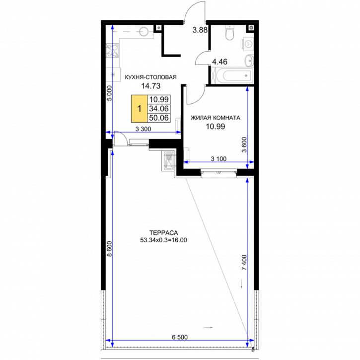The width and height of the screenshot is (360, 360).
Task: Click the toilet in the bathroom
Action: tap(230, 32)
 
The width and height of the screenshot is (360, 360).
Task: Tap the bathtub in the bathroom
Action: tap(233, 75)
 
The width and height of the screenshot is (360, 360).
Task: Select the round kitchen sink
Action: tap(144, 31)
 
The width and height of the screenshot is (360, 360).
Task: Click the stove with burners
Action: tap(113, 50)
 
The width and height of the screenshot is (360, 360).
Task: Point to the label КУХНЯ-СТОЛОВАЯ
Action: tap(150, 77)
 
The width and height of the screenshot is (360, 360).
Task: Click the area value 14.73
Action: tap(151, 86)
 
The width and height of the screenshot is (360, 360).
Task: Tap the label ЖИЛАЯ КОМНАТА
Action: tap(216, 118)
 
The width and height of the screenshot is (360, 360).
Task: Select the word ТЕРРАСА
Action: tap(164, 233)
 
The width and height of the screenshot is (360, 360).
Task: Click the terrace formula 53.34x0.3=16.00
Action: tap(164, 240)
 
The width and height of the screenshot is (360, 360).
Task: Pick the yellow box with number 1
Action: tap(140, 108)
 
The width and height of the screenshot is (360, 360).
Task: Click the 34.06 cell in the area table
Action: tap(159, 108)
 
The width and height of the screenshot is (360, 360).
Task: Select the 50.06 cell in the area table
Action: tap(159, 118)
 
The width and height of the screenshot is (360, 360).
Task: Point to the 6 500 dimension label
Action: tap(180, 337)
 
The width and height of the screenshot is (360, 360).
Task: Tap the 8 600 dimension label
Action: tap(109, 249)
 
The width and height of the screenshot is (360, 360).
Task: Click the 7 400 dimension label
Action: tap(244, 262)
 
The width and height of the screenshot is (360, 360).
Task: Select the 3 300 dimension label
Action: tap(144, 129)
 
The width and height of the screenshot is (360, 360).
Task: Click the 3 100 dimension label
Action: tap(218, 158)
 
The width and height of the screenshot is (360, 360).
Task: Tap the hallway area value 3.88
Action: tap(200, 30)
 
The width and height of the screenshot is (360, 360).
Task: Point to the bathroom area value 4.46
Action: tap(219, 62)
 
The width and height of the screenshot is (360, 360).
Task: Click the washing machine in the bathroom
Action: tap(248, 43)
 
